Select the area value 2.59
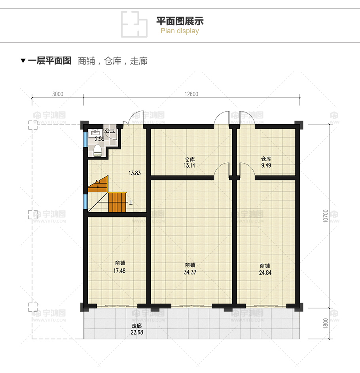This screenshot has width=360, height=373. point(99,139)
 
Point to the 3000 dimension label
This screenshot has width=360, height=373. point(57,94)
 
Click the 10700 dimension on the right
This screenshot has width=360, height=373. point(325,216)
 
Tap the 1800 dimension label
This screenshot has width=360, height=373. point(325,323)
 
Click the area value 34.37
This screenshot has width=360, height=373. point(190,272)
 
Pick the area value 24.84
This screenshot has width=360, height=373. point(265,272)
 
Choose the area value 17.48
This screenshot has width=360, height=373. point(120,270)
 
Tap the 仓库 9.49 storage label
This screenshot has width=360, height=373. point(266,162)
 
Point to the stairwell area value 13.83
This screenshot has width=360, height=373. point(135,173)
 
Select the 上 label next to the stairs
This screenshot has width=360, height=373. point(131,202)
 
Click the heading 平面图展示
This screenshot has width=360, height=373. point(180,21)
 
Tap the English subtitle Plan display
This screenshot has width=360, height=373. point(180,31)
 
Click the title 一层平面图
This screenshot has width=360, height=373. point(49,61)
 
